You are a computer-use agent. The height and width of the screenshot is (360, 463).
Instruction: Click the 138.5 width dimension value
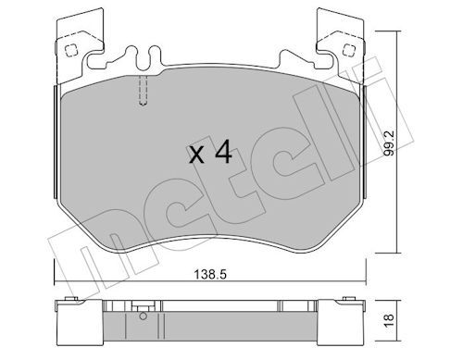210,274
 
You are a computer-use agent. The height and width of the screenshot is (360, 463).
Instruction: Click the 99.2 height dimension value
390,143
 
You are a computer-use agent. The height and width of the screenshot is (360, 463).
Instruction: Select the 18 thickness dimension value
389,321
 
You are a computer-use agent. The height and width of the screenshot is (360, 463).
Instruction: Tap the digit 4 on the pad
223,151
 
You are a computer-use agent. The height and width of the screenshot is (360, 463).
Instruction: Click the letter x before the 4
196,155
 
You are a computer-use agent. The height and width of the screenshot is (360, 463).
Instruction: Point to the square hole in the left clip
71,50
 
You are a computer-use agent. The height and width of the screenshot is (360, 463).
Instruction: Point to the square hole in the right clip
348,49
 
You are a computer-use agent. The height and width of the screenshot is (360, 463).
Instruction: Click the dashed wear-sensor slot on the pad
143,91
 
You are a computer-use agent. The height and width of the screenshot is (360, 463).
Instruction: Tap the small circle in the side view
143,316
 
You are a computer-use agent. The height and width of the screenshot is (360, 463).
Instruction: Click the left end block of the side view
79,322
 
